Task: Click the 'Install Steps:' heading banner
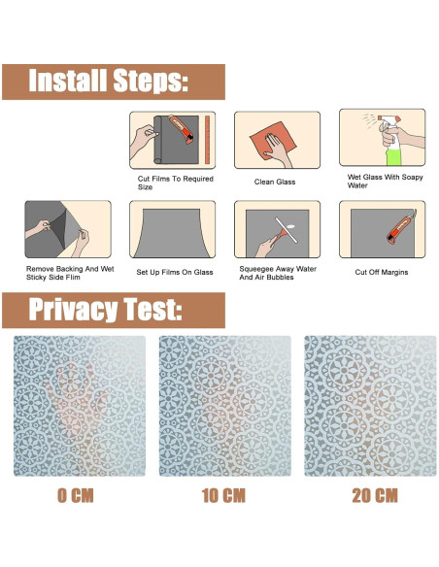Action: tap(114, 83)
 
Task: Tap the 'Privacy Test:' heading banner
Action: tap(114, 311)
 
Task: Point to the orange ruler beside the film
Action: tap(208, 140)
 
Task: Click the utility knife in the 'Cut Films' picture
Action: tap(182, 129)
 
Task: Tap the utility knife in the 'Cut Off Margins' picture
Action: tap(401, 227)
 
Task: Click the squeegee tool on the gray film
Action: tap(286, 231)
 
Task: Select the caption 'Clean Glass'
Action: tap(275, 182)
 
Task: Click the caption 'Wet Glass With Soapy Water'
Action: tap(385, 182)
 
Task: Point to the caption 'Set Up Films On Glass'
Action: tap(175, 272)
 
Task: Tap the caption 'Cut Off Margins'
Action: tap(382, 272)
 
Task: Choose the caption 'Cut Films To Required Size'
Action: tap(176, 183)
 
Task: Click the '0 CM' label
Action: tap(76, 495)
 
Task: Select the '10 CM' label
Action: tap(223, 495)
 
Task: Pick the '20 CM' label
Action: tap(375, 495)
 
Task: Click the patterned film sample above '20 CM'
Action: tap(370, 406)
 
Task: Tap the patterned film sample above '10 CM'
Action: tap(225, 406)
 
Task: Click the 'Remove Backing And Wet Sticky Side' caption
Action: tap(70, 273)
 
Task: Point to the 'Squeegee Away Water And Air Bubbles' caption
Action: tap(278, 273)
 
